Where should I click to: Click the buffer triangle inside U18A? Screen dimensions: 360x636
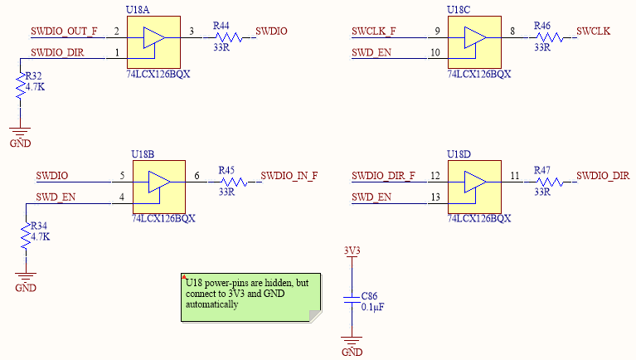coord(153,39)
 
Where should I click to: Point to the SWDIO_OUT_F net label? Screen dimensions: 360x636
coord(64,32)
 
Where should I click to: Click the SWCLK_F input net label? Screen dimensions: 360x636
coord(373,32)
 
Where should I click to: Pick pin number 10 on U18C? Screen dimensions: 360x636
coord(435,53)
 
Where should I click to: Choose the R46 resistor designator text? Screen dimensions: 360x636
coord(542,27)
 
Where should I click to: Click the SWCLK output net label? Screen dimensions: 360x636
coord(593,32)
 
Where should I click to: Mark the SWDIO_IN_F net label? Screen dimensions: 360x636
coord(289,175)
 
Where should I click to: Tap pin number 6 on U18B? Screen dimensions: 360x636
coord(197,176)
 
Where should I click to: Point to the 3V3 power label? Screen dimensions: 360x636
coord(352,250)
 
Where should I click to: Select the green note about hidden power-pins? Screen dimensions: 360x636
coord(248,295)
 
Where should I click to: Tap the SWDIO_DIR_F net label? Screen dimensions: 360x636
coord(383,175)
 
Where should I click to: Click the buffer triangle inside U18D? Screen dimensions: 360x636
coord(474,182)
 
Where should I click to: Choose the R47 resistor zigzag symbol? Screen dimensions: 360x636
coord(543,182)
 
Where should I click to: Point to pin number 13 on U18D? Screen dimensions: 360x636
coord(435,197)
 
